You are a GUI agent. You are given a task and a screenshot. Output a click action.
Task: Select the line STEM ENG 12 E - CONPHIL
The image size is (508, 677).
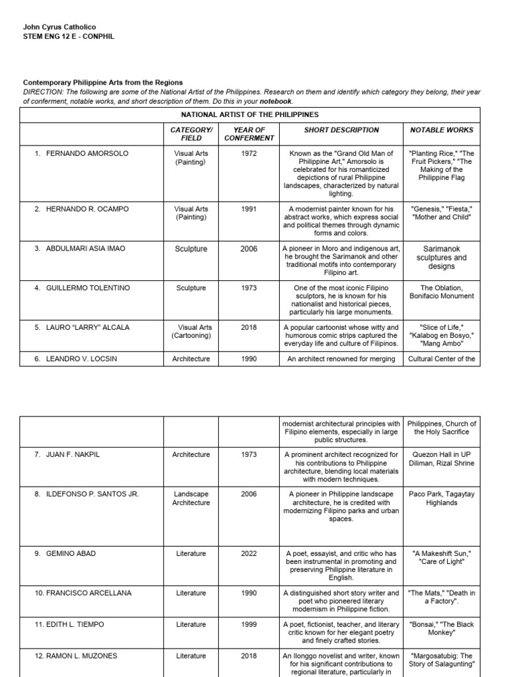click(x=69, y=36)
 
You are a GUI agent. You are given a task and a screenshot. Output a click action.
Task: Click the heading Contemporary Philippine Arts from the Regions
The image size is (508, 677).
click(x=103, y=83)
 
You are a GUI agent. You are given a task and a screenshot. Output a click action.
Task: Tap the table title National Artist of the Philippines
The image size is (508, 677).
click(x=250, y=114)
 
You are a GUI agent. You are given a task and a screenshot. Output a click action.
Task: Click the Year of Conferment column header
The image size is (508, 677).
click(x=249, y=134)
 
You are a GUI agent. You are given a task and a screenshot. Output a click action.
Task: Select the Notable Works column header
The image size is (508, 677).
click(x=442, y=130)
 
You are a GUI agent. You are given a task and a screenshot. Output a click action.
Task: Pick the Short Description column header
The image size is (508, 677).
click(x=341, y=130)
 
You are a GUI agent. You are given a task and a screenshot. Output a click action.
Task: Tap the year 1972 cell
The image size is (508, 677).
click(x=249, y=153)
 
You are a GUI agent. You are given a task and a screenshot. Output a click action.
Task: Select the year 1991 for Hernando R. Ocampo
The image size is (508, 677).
click(x=249, y=209)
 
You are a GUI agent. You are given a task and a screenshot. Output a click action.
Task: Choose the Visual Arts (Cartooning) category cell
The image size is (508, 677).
click(x=191, y=331)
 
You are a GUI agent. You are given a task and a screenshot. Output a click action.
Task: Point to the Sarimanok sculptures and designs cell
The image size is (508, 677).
click(x=441, y=258)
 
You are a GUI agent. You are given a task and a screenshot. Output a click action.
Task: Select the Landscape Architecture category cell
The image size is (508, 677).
click(x=191, y=498)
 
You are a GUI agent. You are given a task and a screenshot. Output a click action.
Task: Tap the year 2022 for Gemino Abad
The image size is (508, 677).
click(x=249, y=554)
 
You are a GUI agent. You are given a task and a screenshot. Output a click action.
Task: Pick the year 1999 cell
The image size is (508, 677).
click(x=249, y=625)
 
